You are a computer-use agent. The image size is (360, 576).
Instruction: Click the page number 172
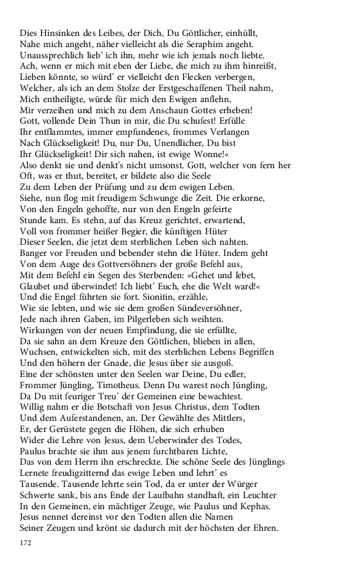(27, 544)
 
